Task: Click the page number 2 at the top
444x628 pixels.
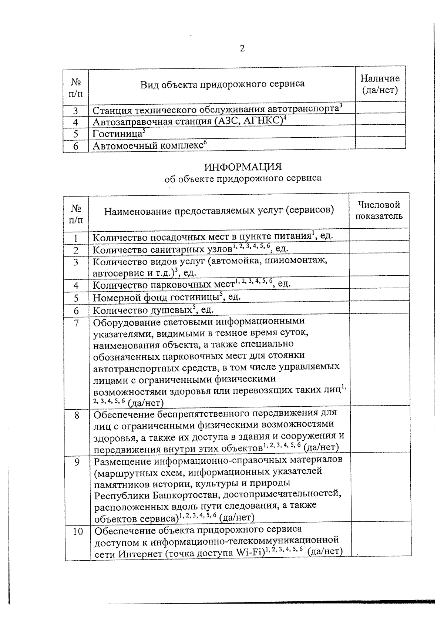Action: point(242,48)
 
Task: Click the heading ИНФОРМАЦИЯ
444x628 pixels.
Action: point(243,167)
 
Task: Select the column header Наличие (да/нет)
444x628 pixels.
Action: point(380,84)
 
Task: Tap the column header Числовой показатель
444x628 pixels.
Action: point(379,210)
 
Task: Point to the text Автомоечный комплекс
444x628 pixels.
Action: point(147,146)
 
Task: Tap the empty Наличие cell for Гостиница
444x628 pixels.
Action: point(380,131)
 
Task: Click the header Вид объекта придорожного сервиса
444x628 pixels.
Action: point(222,84)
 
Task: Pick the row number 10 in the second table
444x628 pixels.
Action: point(78,532)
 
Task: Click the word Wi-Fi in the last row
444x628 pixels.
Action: point(249,554)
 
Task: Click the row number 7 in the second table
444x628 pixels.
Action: point(76,323)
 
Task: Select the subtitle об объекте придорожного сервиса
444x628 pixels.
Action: point(243,179)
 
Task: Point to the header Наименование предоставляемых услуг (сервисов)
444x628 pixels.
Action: point(219,211)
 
